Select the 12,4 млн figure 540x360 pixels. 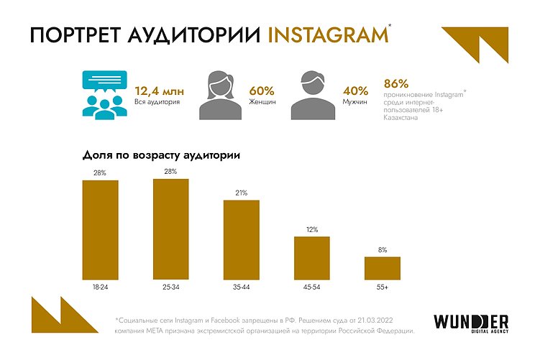point(159,91)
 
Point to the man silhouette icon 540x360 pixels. point(314,96)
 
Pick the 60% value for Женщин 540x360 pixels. point(262,91)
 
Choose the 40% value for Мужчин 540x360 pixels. point(355,91)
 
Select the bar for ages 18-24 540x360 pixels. point(100,229)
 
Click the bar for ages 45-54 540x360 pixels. point(311,257)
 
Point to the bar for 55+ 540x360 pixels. point(382,267)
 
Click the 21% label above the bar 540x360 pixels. point(241,193)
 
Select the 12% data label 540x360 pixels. point(311,230)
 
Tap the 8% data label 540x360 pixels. point(382,250)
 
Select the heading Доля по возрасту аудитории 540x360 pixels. point(160,154)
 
